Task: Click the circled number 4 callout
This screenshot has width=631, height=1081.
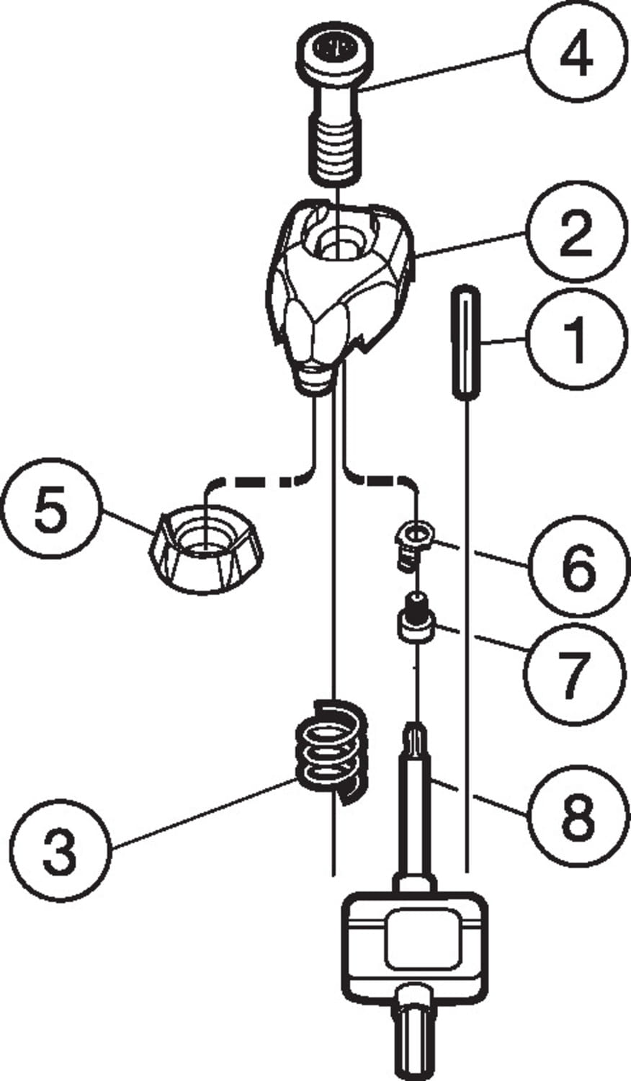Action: [574, 55]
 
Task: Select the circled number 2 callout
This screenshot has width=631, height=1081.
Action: [574, 233]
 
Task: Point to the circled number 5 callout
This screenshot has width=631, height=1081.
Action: [50, 509]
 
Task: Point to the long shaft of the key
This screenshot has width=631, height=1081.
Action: [414, 807]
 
